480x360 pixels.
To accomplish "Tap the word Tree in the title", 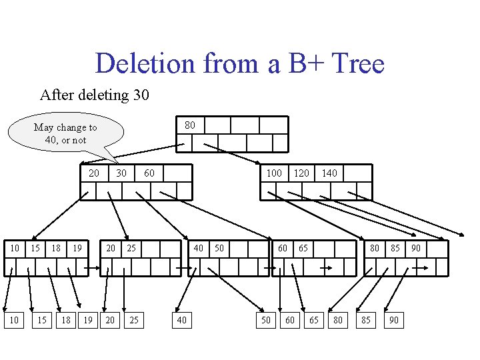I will click(357, 64).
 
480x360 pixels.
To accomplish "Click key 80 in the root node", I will click(190, 125).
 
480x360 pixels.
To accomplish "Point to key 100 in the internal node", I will click(273, 173).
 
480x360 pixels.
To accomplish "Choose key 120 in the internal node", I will click(301, 173).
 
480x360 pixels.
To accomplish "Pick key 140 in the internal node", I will click(329, 173).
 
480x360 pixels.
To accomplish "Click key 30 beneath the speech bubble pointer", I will click(121, 173).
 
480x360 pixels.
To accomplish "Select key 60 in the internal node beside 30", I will click(149, 173).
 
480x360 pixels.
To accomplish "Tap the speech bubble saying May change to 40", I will click(65, 133).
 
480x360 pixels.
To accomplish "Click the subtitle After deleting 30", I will click(95, 95).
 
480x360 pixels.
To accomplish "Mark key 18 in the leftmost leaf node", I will click(56, 248).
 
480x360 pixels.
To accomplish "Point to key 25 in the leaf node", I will click(131, 248).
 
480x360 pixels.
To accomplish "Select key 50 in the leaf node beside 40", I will click(219, 248).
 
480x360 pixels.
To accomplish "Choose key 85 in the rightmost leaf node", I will click(395, 248).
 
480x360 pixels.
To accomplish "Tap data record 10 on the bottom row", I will click(14, 321).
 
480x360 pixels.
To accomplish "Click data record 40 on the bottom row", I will click(181, 321).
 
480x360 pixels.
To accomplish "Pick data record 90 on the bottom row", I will click(393, 321).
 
